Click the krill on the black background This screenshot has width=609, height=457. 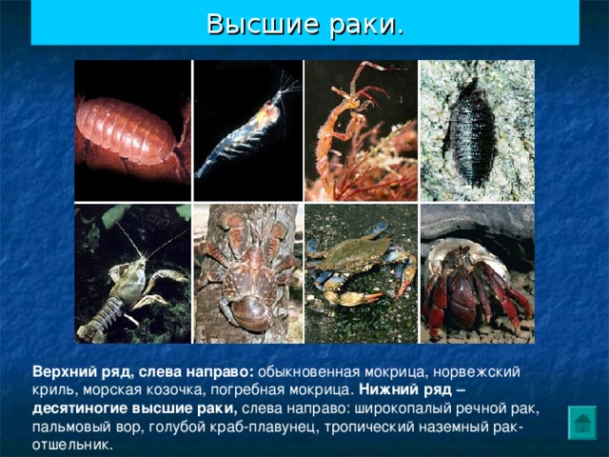pos(246,131)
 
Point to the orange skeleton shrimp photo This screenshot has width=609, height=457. pos(360,131)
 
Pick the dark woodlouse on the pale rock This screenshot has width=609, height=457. pos(476,131)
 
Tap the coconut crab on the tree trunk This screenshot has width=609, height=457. pos(246,274)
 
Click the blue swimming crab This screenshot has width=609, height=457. pos(360,274)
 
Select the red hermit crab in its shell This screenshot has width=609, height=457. pos(476,274)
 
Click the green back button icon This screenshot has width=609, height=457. pos(581,422)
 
